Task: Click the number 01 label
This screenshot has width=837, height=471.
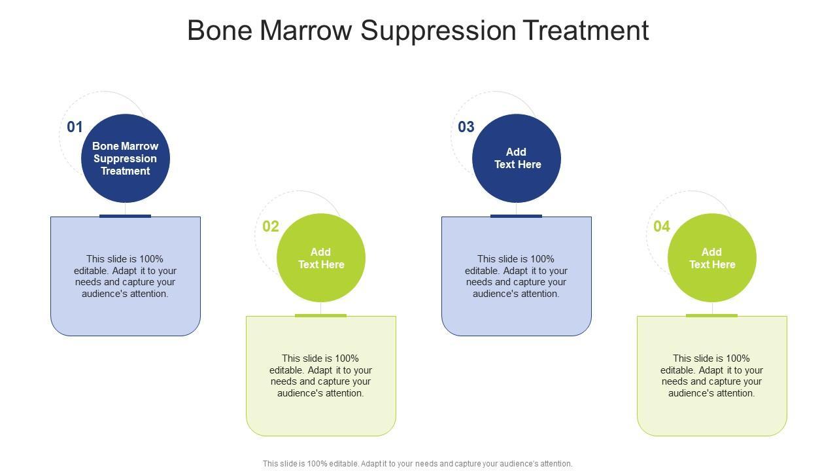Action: pos(75,127)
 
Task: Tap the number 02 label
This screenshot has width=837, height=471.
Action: pos(271,226)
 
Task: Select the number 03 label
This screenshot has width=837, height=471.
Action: pos(466,127)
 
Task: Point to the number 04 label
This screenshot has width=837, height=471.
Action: pos(662,226)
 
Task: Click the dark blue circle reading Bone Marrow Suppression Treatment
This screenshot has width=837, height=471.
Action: pos(126,158)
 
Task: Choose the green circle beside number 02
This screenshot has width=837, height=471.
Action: pos(321,258)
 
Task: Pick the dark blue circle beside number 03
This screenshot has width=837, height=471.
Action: pos(517,158)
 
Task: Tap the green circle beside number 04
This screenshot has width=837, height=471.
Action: pos(712,258)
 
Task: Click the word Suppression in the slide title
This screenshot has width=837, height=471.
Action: pos(438,31)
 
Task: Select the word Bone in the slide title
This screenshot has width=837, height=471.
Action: pos(220,31)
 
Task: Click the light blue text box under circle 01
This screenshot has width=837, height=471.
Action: pos(126,276)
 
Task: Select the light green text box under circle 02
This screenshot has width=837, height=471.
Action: pos(321,375)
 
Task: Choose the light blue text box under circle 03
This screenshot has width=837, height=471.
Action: pos(517,276)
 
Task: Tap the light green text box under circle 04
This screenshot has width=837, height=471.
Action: pos(712,375)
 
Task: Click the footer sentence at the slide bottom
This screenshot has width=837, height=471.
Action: pos(417,464)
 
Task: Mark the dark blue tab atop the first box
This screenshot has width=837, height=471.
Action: pos(125,216)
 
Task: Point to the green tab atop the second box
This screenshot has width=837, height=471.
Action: pos(320,315)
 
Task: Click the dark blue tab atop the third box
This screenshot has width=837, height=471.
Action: pos(516,216)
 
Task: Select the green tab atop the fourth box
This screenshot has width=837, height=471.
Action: pos(712,315)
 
